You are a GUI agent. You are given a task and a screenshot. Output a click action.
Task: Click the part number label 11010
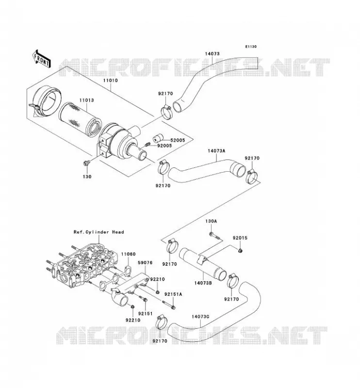click(x=111, y=81)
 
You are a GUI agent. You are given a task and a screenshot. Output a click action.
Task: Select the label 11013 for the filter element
click(x=87, y=100)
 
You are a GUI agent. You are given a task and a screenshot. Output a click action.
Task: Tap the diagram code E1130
click(x=251, y=47)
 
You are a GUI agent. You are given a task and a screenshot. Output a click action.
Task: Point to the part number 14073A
click(x=216, y=151)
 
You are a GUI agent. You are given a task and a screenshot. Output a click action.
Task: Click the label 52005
click(x=178, y=140)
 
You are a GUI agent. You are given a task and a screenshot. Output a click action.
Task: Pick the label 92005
click(x=164, y=146)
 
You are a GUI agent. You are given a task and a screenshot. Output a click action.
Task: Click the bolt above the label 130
click(x=86, y=163)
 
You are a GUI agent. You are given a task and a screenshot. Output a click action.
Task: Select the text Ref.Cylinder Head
click(x=99, y=232)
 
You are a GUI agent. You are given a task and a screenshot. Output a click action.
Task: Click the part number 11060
click(x=128, y=254)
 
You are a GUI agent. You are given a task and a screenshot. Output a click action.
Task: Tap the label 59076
click(x=145, y=262)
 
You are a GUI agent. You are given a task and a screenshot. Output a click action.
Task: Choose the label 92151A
click(x=173, y=294)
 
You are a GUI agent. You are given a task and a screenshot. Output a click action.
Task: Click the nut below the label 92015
click(x=240, y=251)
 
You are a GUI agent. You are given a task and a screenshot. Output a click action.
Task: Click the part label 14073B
click(x=203, y=283)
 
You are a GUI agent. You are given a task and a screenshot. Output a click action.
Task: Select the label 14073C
click(x=200, y=317)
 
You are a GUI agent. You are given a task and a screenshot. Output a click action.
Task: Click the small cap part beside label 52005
click(x=158, y=138)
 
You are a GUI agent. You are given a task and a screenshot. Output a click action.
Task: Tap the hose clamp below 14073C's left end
click(x=161, y=323)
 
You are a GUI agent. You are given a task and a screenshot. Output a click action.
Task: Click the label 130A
click(x=211, y=221)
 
